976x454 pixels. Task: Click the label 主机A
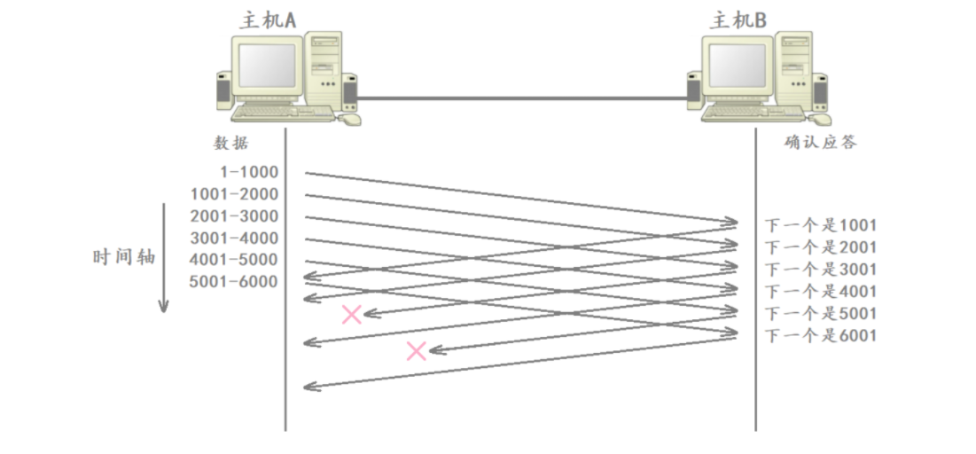tap(267, 20)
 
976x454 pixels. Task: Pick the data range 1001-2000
tap(234, 194)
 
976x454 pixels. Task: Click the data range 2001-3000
tap(234, 216)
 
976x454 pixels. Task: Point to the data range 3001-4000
tap(234, 239)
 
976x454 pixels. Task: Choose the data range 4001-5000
tap(234, 260)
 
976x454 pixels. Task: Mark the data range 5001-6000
tap(234, 282)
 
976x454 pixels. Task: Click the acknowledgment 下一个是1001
tap(821, 225)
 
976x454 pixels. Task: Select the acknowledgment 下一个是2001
tap(821, 247)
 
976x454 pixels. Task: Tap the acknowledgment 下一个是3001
tap(821, 270)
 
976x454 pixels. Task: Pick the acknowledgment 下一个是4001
tap(821, 292)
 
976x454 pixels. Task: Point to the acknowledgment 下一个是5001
tap(821, 314)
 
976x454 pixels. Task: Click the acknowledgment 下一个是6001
tap(821, 336)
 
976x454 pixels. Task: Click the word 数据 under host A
tap(231, 144)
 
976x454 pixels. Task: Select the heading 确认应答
tap(821, 143)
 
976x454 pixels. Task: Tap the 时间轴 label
tap(124, 257)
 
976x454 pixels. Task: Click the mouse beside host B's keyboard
tap(822, 118)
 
